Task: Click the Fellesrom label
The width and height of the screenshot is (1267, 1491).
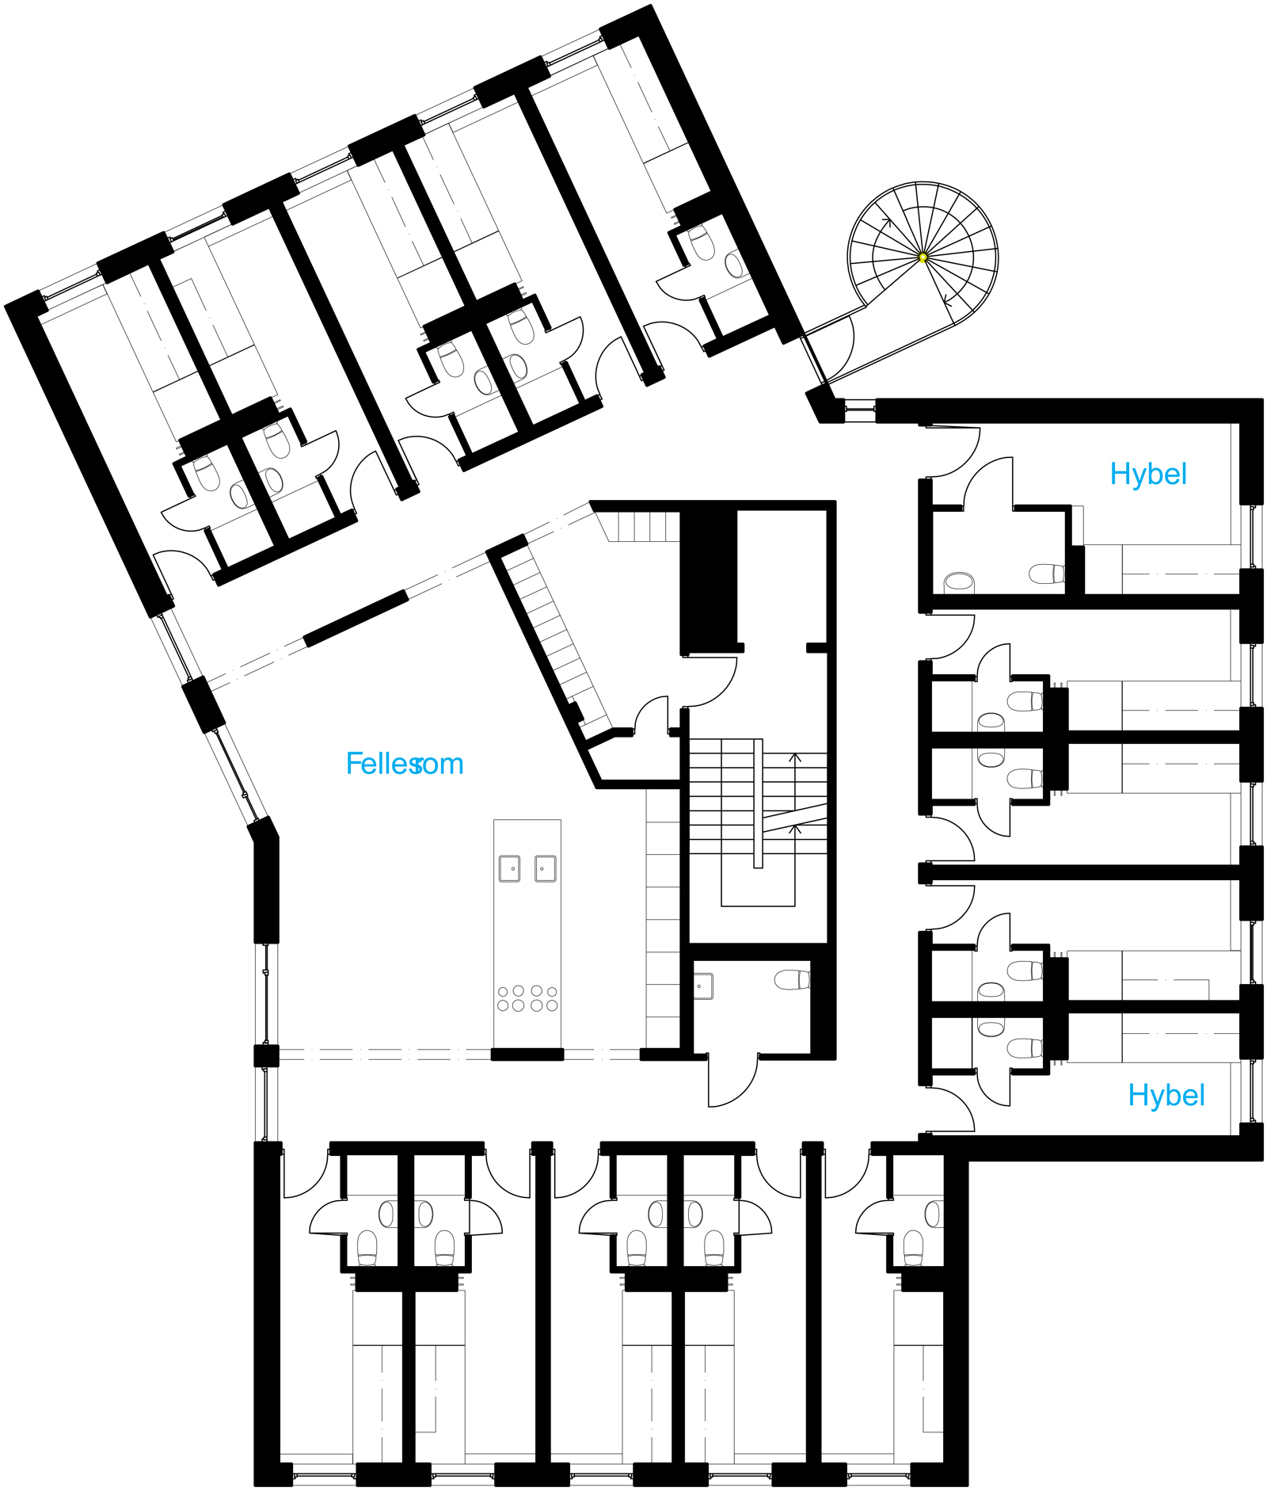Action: tap(405, 764)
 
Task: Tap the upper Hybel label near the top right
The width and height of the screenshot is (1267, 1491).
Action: tap(1148, 475)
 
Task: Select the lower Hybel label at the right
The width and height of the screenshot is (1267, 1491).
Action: tap(1166, 1096)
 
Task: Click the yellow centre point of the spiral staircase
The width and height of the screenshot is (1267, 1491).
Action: tap(923, 257)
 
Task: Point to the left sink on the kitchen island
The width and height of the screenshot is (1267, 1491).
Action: tap(509, 868)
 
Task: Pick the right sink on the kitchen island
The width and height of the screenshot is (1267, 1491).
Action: tap(545, 868)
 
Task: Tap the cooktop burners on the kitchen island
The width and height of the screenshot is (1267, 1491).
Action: tap(527, 998)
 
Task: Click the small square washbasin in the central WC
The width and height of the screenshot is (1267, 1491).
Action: tap(703, 986)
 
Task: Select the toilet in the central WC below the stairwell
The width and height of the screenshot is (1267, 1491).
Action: tap(793, 980)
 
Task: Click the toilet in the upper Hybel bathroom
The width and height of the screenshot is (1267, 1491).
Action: tap(1047, 574)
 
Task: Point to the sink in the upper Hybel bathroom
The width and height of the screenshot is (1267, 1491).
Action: tap(959, 582)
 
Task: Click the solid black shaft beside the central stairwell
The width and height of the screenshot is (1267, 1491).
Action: tap(709, 580)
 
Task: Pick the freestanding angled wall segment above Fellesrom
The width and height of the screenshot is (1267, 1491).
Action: tap(356, 618)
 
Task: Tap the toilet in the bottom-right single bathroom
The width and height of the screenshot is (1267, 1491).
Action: tap(914, 1248)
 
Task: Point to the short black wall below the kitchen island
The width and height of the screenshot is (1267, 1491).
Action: tap(527, 1054)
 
